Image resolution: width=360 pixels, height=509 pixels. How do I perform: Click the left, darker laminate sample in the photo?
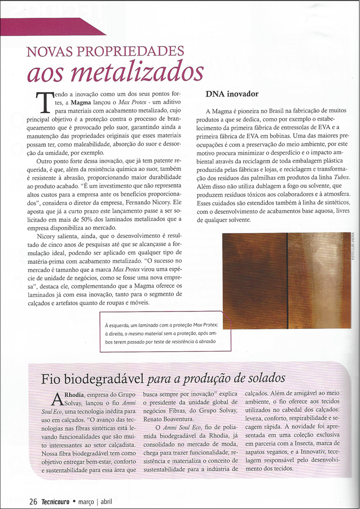point(254,280)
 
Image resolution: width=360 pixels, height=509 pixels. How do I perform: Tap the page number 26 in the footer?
point(33,501)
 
